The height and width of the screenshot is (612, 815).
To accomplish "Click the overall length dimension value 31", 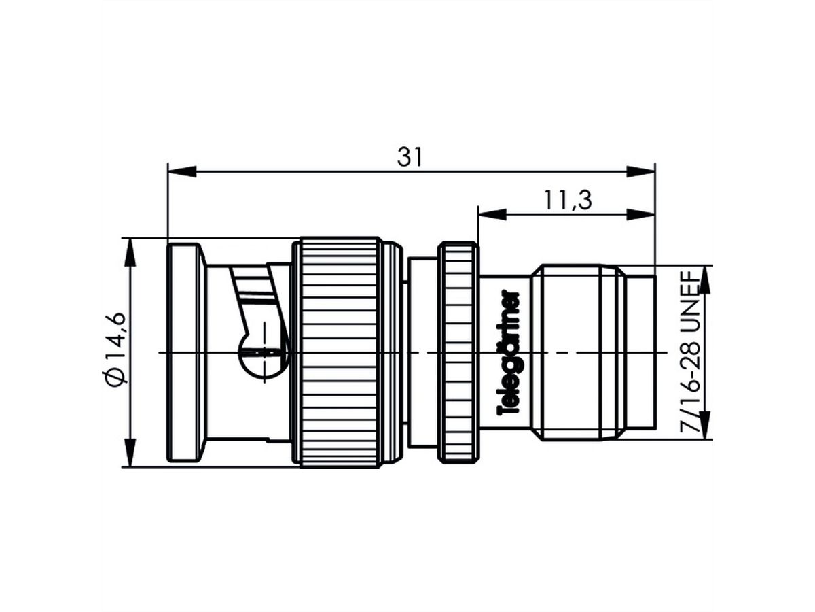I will [410, 157].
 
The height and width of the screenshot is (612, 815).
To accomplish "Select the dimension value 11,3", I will [566, 201].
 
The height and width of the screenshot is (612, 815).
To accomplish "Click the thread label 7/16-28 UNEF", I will [691, 352].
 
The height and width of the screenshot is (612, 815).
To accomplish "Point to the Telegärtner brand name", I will [509, 353].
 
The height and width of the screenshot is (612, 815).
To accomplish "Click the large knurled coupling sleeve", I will [340, 353].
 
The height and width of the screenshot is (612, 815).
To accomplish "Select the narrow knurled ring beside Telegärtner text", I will [459, 353].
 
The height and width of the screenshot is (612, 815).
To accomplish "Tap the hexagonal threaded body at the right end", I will [577, 353].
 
